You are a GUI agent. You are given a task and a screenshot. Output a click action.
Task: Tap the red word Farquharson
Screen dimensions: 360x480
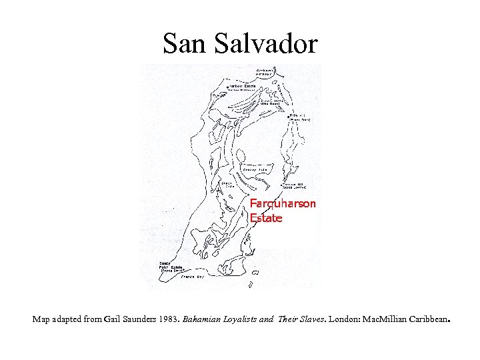point(283,203)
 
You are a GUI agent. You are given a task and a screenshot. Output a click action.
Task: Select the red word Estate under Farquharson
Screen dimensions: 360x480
point(266,217)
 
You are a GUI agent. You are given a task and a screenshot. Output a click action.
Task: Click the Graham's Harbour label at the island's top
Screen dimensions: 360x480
point(267,71)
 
